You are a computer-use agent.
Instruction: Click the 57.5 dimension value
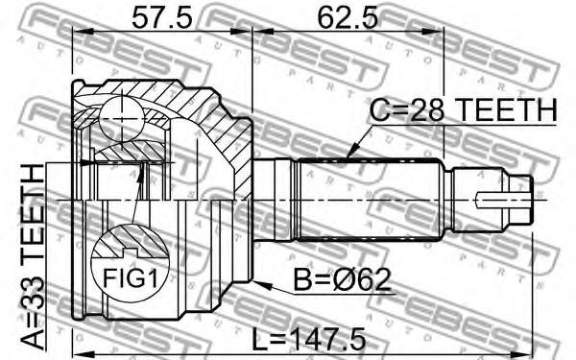pos(162,18)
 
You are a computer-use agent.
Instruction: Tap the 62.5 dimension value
pos(348,18)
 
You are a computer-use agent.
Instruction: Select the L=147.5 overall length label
pos(308,339)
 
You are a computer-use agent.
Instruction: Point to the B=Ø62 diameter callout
pos(342,280)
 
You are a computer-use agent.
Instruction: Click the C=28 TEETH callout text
pos(464,109)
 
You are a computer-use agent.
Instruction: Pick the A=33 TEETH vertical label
pos(33,257)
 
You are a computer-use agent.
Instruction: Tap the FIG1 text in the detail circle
pos(130,278)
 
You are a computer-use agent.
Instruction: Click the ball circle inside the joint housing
pos(121,118)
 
